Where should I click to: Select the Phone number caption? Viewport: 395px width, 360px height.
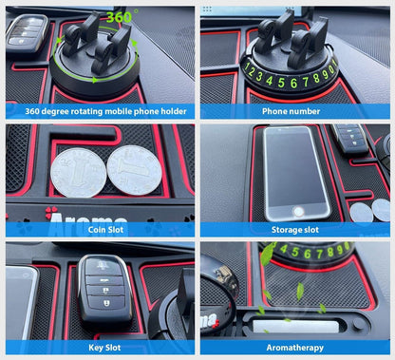(291, 111)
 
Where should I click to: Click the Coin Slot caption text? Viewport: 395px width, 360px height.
(105, 230)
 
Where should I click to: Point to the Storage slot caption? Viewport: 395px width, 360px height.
(295, 230)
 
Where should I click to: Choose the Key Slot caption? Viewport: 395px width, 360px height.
(104, 348)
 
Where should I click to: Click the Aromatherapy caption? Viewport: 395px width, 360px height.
(295, 348)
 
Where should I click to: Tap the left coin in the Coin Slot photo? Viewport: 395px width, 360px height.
(78, 173)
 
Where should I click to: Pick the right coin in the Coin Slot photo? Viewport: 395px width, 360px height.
(135, 170)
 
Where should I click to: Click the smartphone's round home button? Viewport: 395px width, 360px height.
(298, 212)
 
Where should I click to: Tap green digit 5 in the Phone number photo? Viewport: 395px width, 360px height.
(281, 83)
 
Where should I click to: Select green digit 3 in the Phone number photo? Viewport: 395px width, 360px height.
(259, 77)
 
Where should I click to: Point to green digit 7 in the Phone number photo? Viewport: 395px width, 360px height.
(306, 82)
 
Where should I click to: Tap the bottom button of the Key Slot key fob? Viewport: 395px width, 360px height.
(105, 303)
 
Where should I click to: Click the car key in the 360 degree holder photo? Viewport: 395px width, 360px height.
(28, 32)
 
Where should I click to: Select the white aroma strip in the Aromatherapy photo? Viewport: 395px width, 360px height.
(295, 327)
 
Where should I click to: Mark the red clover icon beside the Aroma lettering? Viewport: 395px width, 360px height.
(51, 213)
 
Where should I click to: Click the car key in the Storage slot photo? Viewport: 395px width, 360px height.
(349, 139)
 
